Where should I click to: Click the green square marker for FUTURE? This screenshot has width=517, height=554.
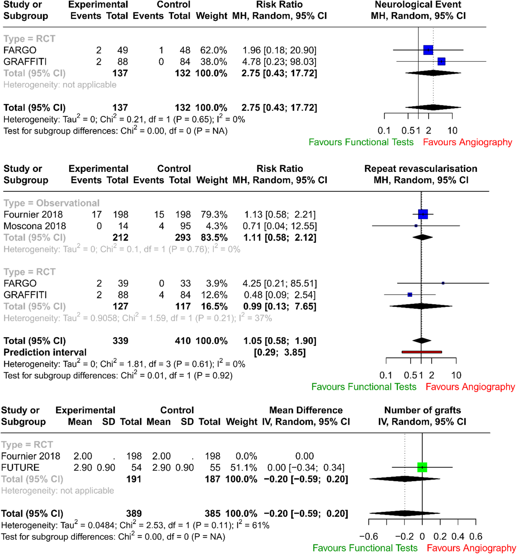click(x=422, y=467)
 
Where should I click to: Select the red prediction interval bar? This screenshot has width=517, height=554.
click(x=421, y=352)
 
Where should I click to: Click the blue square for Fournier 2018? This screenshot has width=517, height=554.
click(x=423, y=214)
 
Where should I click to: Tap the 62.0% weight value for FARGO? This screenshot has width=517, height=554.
click(x=213, y=50)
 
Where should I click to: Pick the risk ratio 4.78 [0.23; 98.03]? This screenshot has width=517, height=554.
click(x=279, y=62)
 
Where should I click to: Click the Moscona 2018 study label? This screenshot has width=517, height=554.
click(x=35, y=226)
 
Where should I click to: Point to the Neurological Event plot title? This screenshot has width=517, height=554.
click(x=418, y=4)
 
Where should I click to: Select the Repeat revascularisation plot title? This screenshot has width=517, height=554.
click(x=421, y=169)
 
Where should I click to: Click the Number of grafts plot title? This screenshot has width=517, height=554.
click(x=422, y=410)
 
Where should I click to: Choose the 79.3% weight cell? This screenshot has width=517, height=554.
click(x=214, y=214)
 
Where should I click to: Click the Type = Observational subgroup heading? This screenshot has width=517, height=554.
click(x=51, y=203)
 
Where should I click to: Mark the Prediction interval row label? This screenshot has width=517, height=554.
click(x=45, y=352)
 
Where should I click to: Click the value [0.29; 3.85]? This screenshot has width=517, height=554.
click(x=280, y=352)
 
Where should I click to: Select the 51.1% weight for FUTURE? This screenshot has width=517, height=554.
click(x=244, y=467)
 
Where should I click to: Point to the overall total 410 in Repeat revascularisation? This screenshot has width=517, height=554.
click(x=183, y=341)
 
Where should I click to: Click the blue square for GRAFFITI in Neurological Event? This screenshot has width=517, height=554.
click(x=441, y=61)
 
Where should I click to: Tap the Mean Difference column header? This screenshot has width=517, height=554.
click(x=306, y=410)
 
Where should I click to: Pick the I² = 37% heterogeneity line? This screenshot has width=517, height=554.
click(x=138, y=318)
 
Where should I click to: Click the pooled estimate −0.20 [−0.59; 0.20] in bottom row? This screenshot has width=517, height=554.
click(x=306, y=513)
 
